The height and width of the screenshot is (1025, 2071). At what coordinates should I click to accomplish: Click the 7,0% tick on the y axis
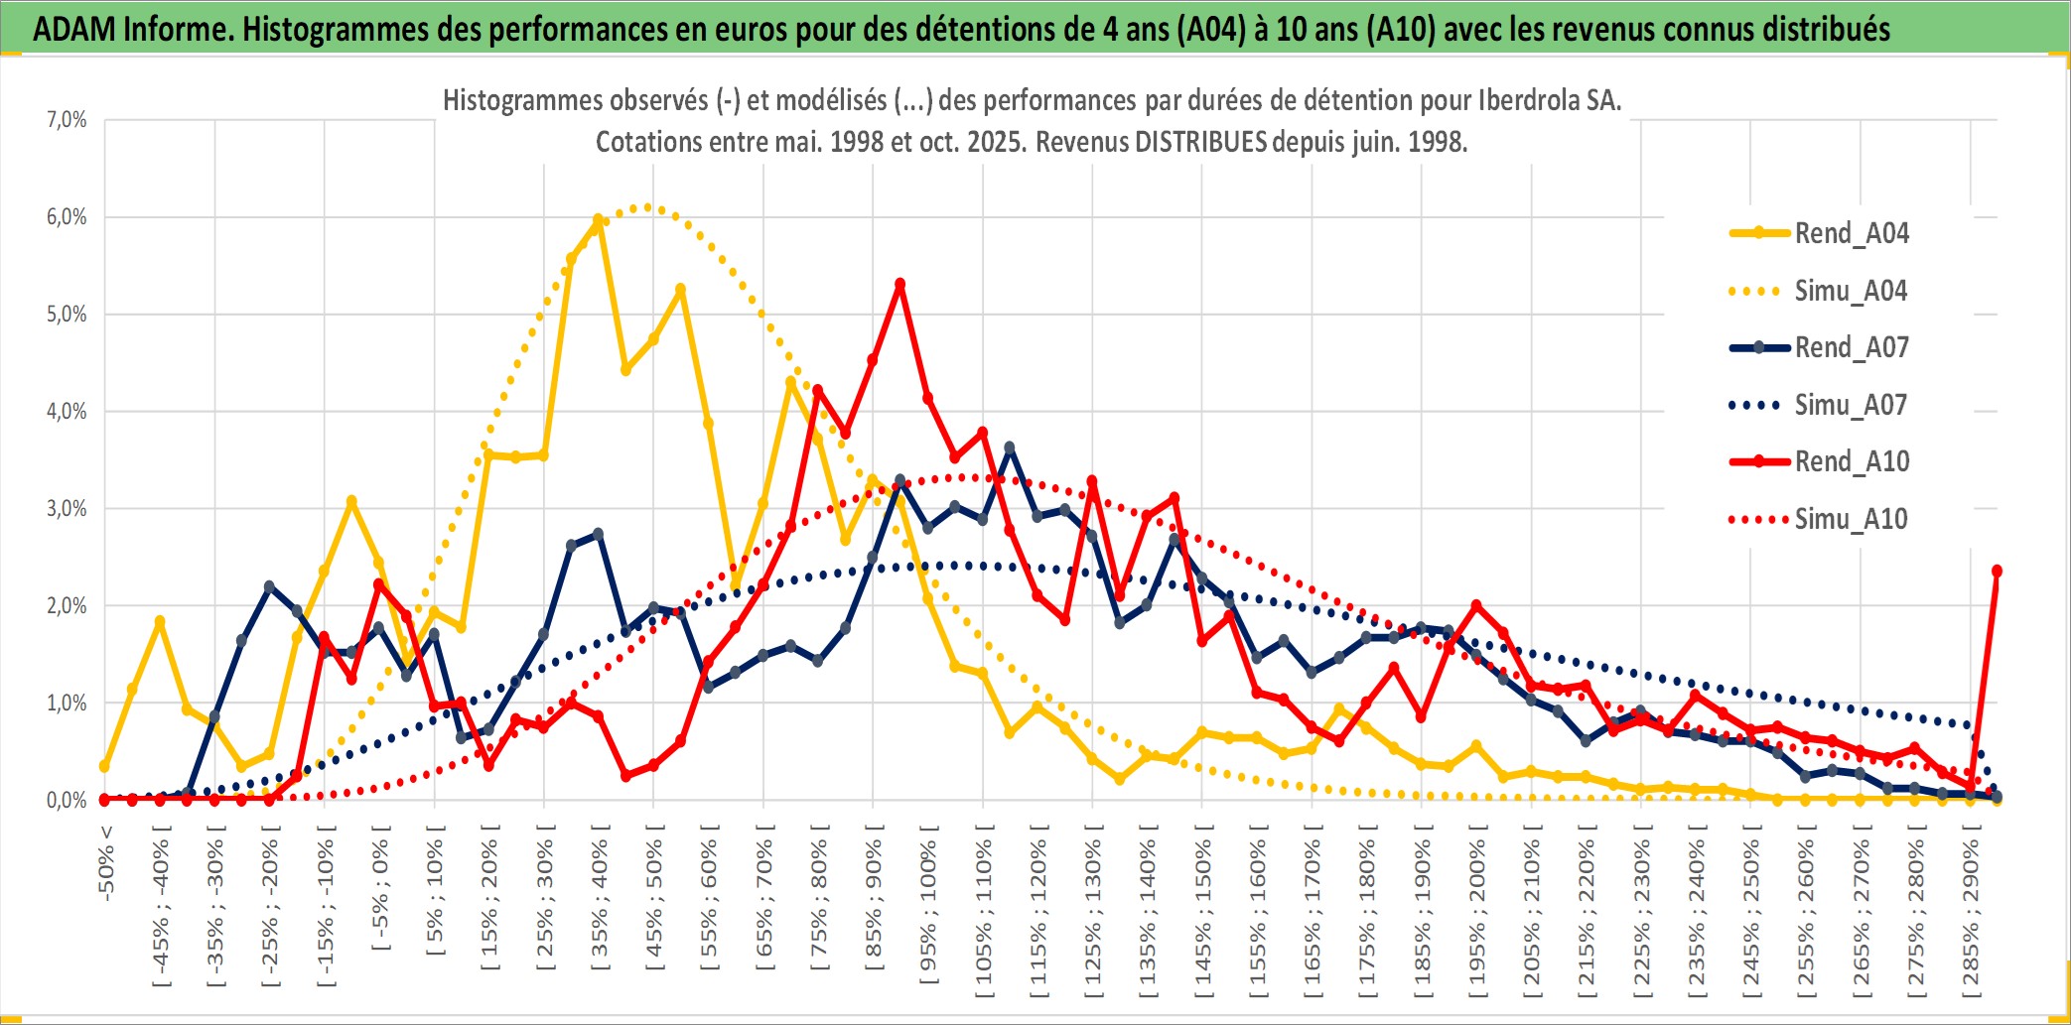point(67,120)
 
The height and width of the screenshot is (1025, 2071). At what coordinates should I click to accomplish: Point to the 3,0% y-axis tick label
point(67,509)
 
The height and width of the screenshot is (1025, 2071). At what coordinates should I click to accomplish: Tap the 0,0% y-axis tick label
point(67,800)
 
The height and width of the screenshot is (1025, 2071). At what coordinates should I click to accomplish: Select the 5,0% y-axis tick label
point(67,315)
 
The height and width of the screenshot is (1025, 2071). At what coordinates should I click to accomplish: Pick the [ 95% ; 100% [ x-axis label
point(928,913)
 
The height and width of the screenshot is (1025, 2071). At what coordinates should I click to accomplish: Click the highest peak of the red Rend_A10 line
point(899,284)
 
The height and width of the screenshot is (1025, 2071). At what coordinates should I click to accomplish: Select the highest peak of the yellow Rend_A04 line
point(599,220)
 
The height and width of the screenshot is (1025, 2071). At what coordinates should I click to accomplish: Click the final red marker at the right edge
point(1997,571)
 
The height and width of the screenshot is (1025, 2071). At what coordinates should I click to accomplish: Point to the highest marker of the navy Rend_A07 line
point(1010,448)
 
